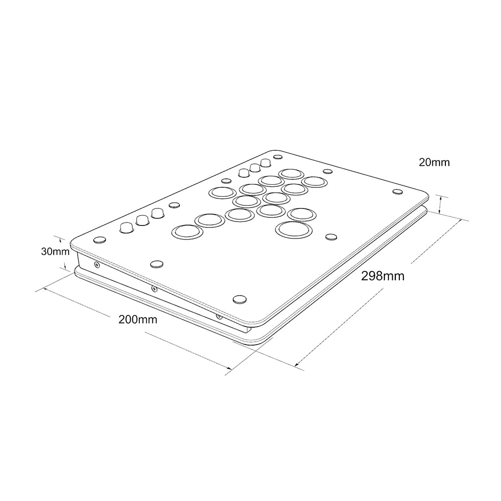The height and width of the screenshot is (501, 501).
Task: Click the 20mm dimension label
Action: coord(434,162)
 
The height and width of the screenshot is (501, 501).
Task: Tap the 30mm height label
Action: coord(55,252)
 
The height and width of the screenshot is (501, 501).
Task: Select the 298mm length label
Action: coord(383,276)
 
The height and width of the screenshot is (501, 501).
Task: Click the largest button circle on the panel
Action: coord(294,229)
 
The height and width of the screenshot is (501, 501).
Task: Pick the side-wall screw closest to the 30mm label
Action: coord(97,264)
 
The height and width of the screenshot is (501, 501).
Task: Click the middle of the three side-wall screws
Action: coord(154,289)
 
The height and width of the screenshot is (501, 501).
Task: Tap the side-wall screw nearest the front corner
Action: coord(219,316)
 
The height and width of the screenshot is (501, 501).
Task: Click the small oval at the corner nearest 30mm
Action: coord(100,239)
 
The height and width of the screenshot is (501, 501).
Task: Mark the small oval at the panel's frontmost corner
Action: coord(240,299)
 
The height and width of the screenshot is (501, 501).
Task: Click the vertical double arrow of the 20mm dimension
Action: coord(440,204)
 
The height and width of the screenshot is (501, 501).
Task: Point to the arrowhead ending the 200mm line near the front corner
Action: coord(230,369)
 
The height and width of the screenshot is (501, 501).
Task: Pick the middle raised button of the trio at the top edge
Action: coord(255,168)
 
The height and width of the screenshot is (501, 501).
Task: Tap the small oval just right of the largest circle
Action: coord(331,236)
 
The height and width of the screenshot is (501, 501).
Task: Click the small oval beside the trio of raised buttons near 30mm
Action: coord(174,204)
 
